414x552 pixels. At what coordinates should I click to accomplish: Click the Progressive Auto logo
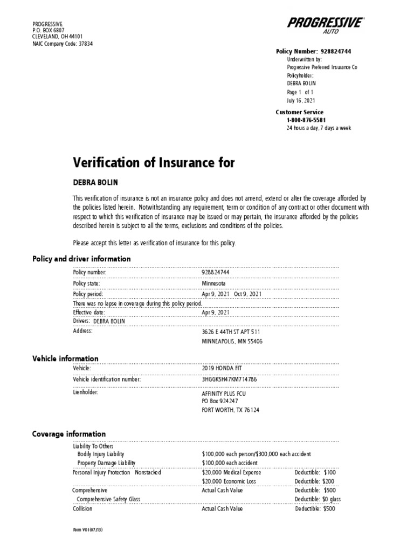(326, 25)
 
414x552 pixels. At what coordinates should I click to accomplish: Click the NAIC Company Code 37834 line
(63, 44)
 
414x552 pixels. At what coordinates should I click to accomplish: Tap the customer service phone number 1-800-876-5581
(306, 120)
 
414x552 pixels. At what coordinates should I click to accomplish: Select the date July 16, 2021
(301, 101)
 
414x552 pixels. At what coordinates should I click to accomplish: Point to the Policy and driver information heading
(81, 259)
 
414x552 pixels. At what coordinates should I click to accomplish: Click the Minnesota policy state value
(214, 284)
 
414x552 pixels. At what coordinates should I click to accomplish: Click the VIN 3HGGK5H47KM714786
(229, 379)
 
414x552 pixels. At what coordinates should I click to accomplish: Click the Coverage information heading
(69, 434)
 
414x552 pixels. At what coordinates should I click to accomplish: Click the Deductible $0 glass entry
(318, 499)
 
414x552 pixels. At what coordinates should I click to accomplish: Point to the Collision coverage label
(82, 508)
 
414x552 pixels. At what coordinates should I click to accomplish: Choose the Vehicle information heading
(65, 358)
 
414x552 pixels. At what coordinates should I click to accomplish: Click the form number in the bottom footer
(88, 530)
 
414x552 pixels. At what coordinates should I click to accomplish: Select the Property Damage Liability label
(107, 463)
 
